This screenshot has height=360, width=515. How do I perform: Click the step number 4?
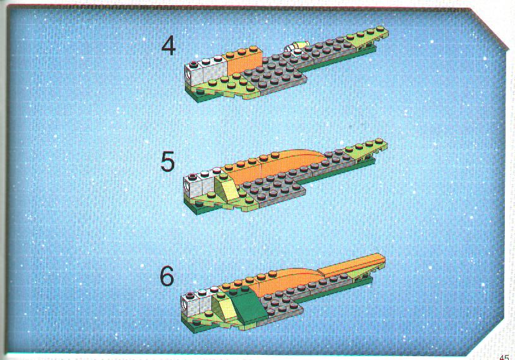pyautogui.click(x=169, y=46)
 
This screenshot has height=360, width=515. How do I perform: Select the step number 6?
pyautogui.click(x=167, y=276)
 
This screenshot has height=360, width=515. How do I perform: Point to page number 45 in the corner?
pyautogui.click(x=504, y=357)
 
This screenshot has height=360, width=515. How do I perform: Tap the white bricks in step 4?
pyautogui.click(x=205, y=71)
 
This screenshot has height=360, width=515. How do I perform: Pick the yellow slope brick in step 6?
pyautogui.click(x=223, y=306)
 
